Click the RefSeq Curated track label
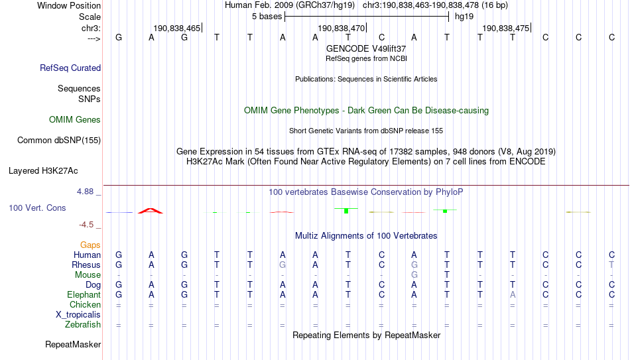[x=70, y=68]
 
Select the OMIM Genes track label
[x=75, y=120]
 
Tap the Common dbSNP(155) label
[x=59, y=141]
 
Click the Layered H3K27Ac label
[x=43, y=171]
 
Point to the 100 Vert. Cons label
[x=37, y=208]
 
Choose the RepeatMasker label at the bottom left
[x=73, y=344]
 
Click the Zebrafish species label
[x=83, y=325]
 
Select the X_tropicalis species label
[x=78, y=315]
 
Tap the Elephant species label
[x=84, y=294]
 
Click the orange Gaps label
[x=90, y=245]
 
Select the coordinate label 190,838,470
[x=341, y=29]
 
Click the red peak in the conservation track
[x=151, y=211]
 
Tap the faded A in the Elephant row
[x=513, y=294]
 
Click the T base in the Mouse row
[x=447, y=275]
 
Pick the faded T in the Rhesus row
[x=611, y=265]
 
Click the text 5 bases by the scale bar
[x=267, y=17]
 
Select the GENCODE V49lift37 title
[x=366, y=48]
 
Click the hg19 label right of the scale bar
[x=464, y=17]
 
